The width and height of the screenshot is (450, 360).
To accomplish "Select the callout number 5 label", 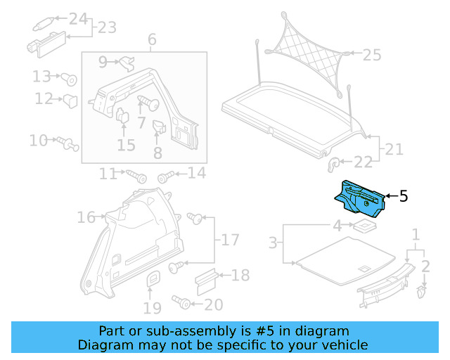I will [x=403, y=196].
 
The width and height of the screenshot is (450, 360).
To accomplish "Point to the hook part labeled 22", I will [x=333, y=164].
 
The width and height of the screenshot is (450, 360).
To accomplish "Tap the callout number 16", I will [x=86, y=218].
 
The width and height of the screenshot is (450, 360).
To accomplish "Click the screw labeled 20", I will [x=184, y=303].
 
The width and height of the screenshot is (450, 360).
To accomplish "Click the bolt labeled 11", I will [x=136, y=174].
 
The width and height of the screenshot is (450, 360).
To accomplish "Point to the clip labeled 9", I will [x=126, y=63].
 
